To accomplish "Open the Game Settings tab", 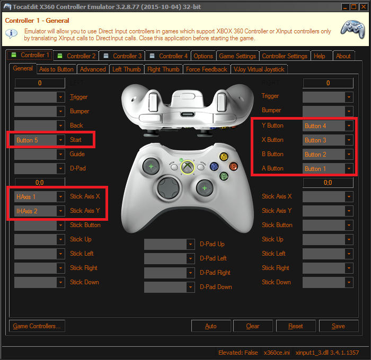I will (x=237, y=56).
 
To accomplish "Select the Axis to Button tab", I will (x=56, y=69).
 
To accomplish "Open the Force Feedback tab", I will (x=206, y=69).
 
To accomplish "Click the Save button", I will (x=338, y=326).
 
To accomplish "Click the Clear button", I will (x=253, y=326).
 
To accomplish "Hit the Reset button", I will (x=296, y=326).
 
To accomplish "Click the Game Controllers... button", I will (x=37, y=326).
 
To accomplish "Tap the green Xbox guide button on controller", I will (x=187, y=167).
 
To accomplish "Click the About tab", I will (x=343, y=56).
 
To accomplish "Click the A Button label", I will (x=272, y=168).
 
